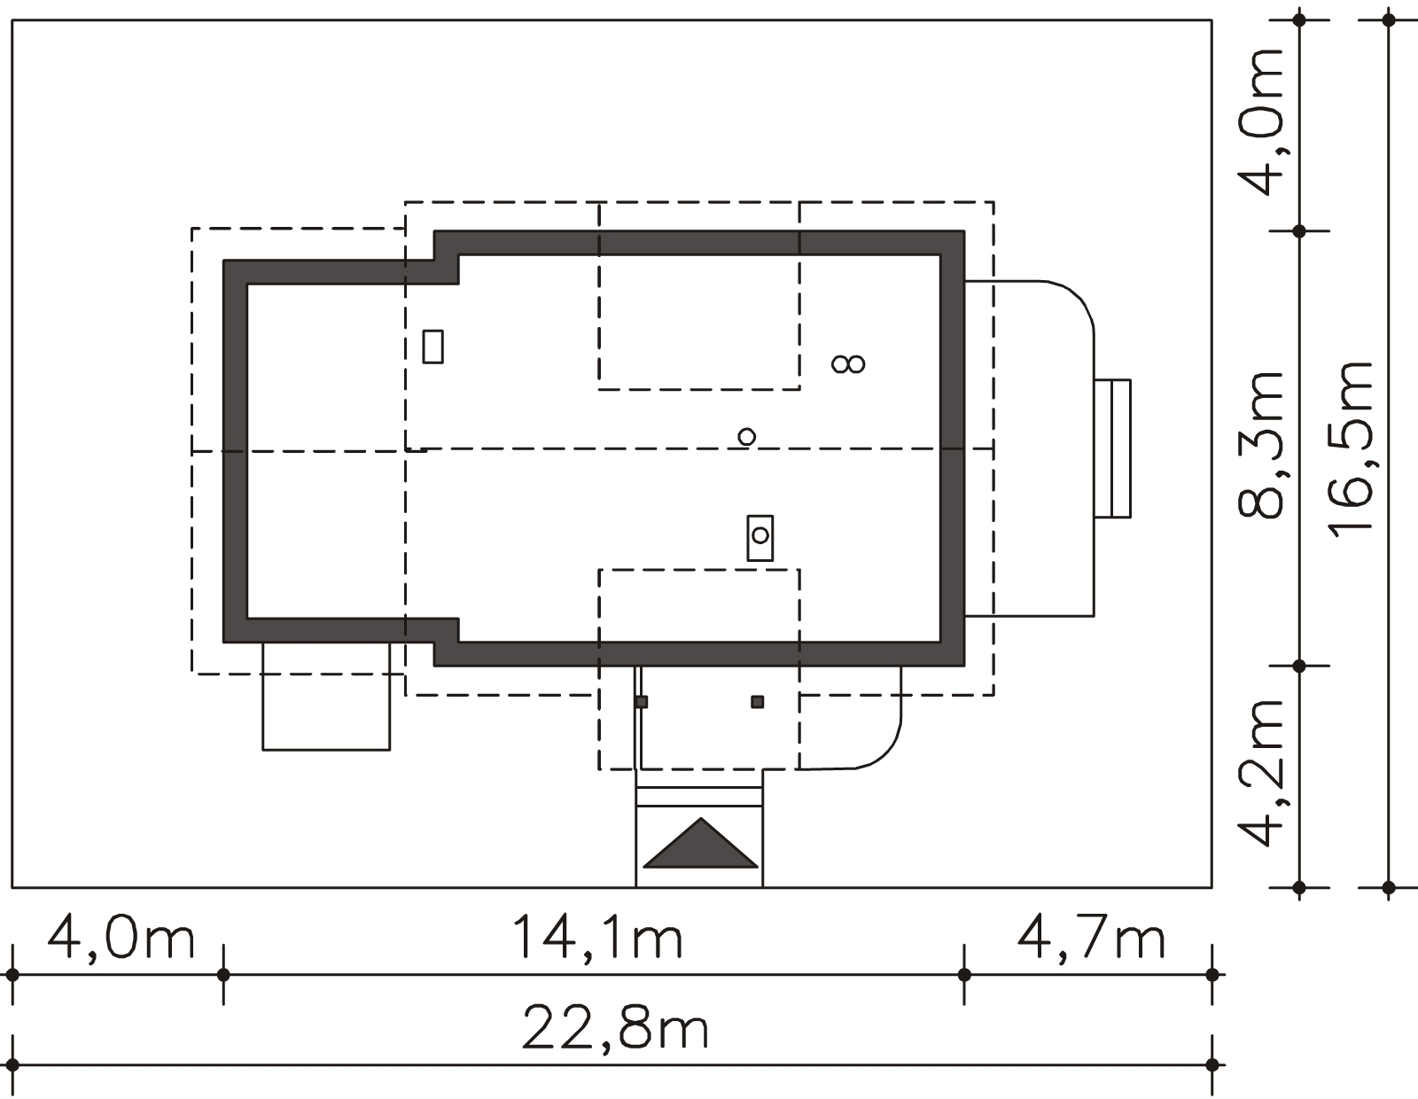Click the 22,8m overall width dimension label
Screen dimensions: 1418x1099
tap(615, 1029)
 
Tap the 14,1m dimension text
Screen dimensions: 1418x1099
tap(597, 938)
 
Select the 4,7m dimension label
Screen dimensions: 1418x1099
tap(1091, 938)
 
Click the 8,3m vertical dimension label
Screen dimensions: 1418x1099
tap(1260, 444)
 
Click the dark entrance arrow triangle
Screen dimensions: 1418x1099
tap(700, 843)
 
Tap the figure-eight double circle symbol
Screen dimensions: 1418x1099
tap(848, 363)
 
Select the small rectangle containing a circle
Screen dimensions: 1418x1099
tap(760, 538)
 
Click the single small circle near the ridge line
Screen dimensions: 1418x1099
tap(746, 436)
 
